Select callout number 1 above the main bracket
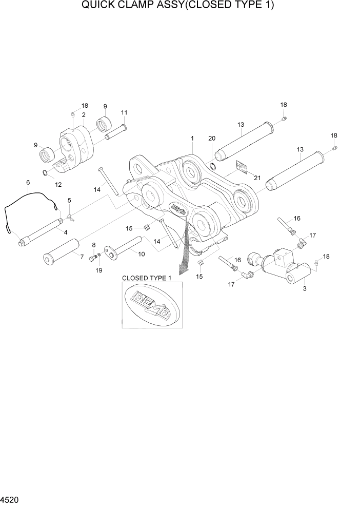click(192, 139)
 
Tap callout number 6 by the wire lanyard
click(28, 182)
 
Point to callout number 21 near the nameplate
click(257, 178)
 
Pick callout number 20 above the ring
click(212, 139)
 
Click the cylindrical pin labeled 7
click(61, 251)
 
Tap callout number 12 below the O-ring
click(58, 184)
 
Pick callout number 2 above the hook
click(83, 114)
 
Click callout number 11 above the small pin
click(124, 112)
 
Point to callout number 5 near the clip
click(69, 201)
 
